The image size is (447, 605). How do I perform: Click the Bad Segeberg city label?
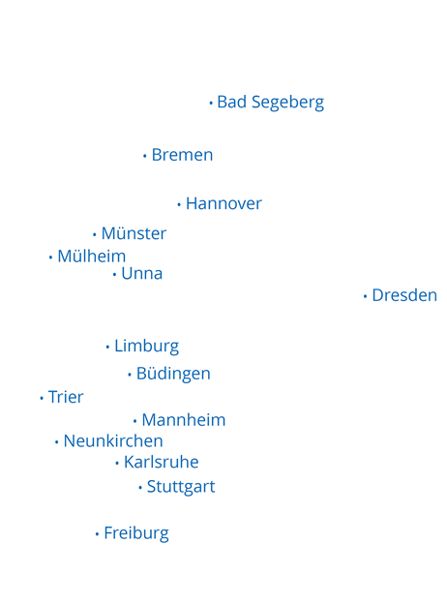coord(270,103)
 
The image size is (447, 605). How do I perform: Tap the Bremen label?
coord(182,155)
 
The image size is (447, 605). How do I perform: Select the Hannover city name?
coord(223,204)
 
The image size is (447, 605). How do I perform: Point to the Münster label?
coord(134,234)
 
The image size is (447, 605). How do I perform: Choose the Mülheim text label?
coord(91,257)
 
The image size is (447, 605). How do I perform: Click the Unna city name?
coord(141,274)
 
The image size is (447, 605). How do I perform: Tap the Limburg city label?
coord(146,347)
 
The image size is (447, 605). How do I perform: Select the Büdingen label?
coord(173,375)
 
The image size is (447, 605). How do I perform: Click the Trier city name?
coord(66,398)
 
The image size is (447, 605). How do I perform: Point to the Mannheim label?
coord(183,421)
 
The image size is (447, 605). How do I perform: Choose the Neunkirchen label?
coord(113,441)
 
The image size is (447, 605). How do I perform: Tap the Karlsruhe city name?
coord(161,463)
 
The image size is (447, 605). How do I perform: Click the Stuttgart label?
coord(181,487)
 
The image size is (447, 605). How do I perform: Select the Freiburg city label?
coord(135,533)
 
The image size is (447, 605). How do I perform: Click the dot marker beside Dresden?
coord(365,296)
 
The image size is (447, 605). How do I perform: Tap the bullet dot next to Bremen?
coord(145,156)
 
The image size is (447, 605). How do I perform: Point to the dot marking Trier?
coord(42,398)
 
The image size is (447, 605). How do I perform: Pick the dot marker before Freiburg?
coord(97,534)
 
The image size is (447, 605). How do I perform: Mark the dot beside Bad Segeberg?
coord(211,103)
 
